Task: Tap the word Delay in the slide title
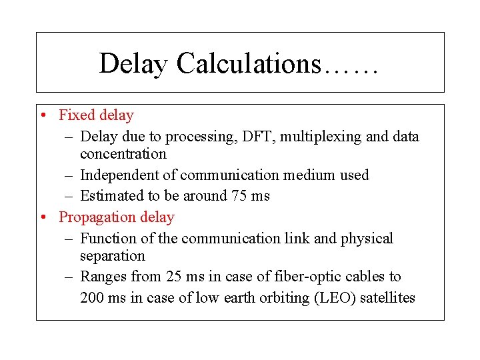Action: coord(133,64)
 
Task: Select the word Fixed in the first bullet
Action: coord(77,115)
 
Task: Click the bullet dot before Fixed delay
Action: coord(42,115)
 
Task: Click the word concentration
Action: coord(123,154)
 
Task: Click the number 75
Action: coord(236,196)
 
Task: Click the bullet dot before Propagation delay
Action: coord(42,217)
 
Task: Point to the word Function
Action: coord(105,239)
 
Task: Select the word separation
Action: coord(112,256)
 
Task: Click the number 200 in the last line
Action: coord(92,298)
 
